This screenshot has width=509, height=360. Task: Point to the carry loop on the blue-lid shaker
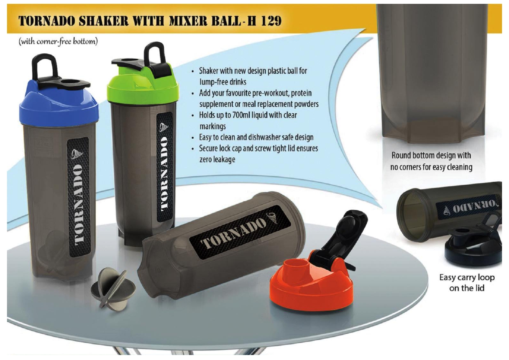coord(44,66)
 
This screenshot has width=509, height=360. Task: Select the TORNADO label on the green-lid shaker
coord(165,167)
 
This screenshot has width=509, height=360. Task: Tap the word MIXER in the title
coord(185,21)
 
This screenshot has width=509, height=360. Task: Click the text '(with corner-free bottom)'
coord(58,42)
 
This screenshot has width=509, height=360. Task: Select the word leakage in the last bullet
coord(217,160)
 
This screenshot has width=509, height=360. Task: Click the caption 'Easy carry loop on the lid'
coord(467,282)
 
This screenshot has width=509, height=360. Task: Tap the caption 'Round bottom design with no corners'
coord(431,161)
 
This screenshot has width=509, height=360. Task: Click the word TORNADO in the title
coord(47,21)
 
